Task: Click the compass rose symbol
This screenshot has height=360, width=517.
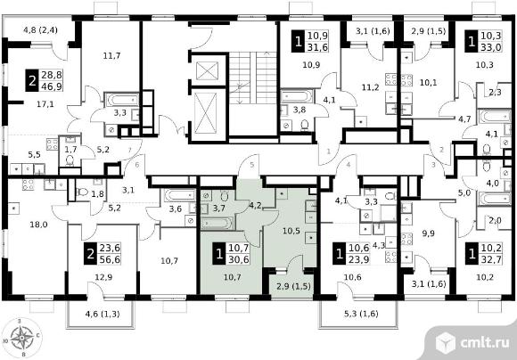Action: pos(21,337)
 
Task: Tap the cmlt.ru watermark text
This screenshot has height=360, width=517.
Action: pos(484,342)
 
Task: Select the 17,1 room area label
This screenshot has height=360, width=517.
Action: pos(45,104)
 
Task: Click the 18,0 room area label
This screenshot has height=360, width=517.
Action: pos(38,225)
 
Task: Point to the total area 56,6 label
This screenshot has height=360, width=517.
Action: pos(109,259)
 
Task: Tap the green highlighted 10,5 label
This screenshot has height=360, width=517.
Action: pos(291,231)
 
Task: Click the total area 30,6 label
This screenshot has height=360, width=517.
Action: pos(238,259)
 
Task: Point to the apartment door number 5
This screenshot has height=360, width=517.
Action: pos(252,165)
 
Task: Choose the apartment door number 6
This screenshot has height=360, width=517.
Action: pos(137,165)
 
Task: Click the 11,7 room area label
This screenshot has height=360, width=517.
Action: pos(111,56)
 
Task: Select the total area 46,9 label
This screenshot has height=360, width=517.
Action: pos(51,86)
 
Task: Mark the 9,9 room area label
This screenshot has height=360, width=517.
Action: pos(428,233)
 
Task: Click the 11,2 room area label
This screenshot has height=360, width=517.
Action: pos(370,87)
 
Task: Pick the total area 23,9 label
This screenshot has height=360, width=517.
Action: pos(358,259)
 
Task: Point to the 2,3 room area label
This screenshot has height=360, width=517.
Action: pos(495,93)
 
